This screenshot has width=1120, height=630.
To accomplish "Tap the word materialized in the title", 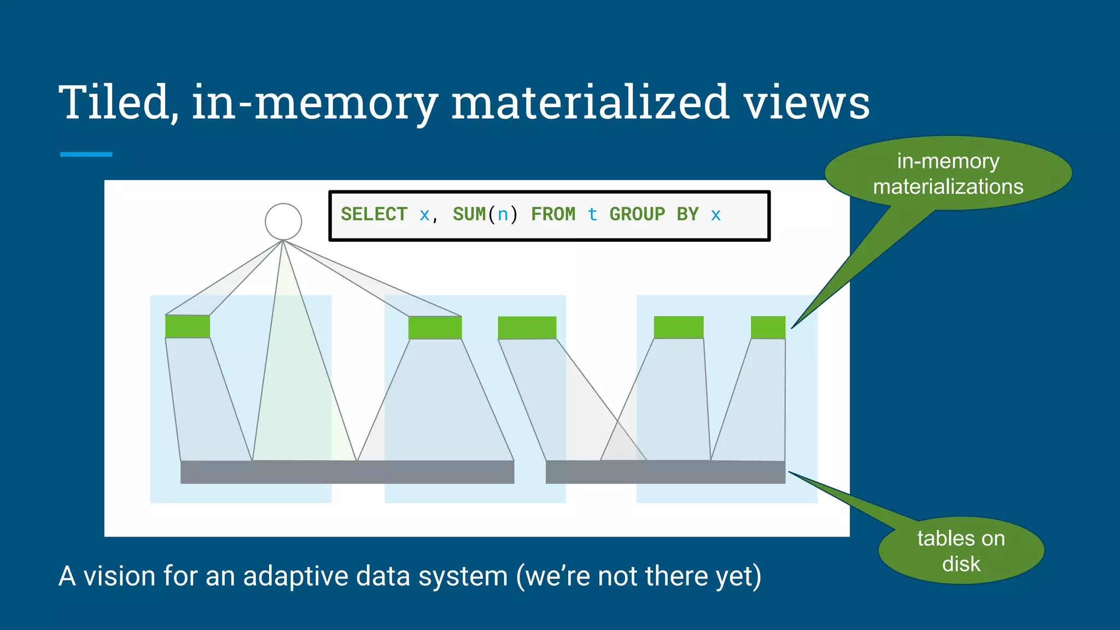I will tap(590, 102).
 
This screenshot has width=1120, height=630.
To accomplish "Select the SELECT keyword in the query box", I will tap(374, 214).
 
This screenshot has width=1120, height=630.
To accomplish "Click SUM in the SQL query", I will tap(469, 214).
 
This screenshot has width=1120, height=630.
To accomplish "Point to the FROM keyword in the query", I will tap(553, 214).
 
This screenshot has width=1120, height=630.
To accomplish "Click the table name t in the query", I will tap(592, 214).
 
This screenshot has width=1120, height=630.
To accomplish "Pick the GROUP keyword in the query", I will tap(637, 214).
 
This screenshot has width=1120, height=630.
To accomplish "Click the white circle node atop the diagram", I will tap(283, 221).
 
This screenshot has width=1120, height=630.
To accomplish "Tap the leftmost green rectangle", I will tap(188, 326).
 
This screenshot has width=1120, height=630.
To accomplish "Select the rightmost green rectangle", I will tap(768, 327).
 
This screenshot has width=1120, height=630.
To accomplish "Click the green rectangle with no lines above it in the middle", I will tap(527, 328).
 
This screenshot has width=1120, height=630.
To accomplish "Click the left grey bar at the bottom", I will tap(347, 472).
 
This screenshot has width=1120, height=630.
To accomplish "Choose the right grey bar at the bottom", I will tap(665, 472).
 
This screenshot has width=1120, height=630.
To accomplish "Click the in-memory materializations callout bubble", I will tap(948, 174).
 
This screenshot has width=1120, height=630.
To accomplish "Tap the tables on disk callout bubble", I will tap(961, 551).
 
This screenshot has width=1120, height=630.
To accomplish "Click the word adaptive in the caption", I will tap(326, 576).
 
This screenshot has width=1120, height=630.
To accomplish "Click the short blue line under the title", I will tap(86, 154).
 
